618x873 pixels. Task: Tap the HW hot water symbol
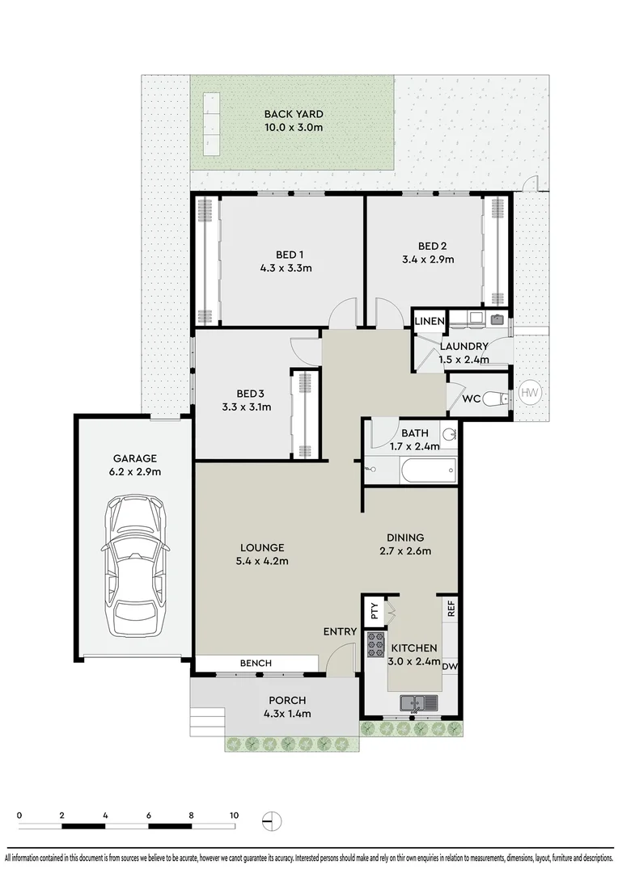(x=529, y=393)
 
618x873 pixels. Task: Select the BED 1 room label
(x=290, y=255)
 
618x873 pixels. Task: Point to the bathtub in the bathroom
(x=428, y=471)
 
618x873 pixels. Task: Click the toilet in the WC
(x=495, y=398)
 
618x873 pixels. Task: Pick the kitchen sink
(x=418, y=703)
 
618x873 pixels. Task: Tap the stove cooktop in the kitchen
(x=375, y=645)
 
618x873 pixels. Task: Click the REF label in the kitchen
(x=451, y=608)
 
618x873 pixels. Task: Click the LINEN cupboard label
(x=430, y=321)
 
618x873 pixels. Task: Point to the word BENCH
(x=256, y=663)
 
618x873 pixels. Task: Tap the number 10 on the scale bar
(x=234, y=815)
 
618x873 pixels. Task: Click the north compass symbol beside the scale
(x=271, y=820)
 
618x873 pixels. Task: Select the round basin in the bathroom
(x=449, y=432)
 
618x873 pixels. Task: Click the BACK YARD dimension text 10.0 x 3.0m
(x=294, y=128)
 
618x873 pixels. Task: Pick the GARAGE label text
(x=135, y=459)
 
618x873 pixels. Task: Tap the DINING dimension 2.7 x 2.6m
(x=406, y=551)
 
